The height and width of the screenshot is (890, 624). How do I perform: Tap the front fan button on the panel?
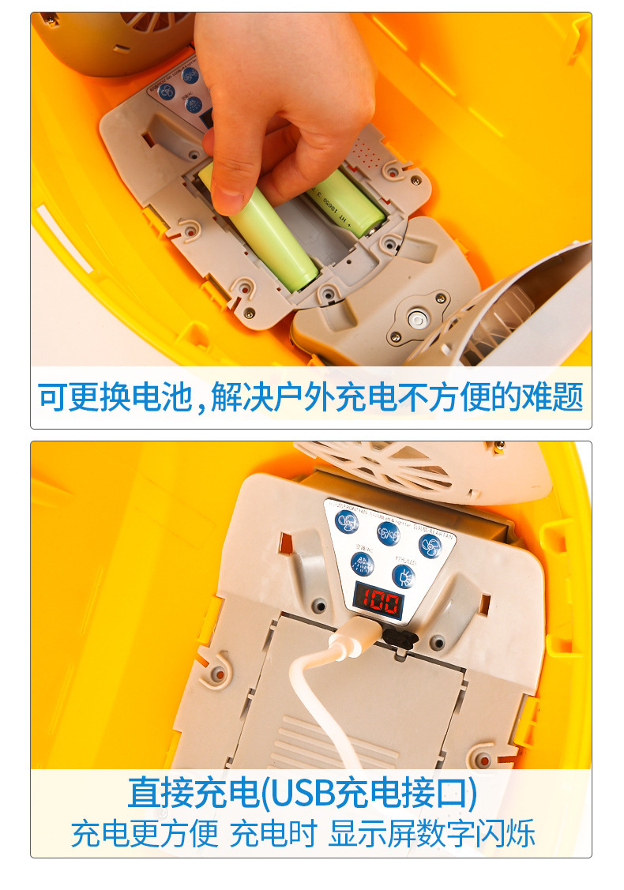(347, 521)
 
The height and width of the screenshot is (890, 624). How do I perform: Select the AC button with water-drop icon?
(362, 564)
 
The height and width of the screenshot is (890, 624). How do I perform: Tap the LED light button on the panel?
(404, 576)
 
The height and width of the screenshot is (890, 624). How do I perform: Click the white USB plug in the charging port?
(352, 634)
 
